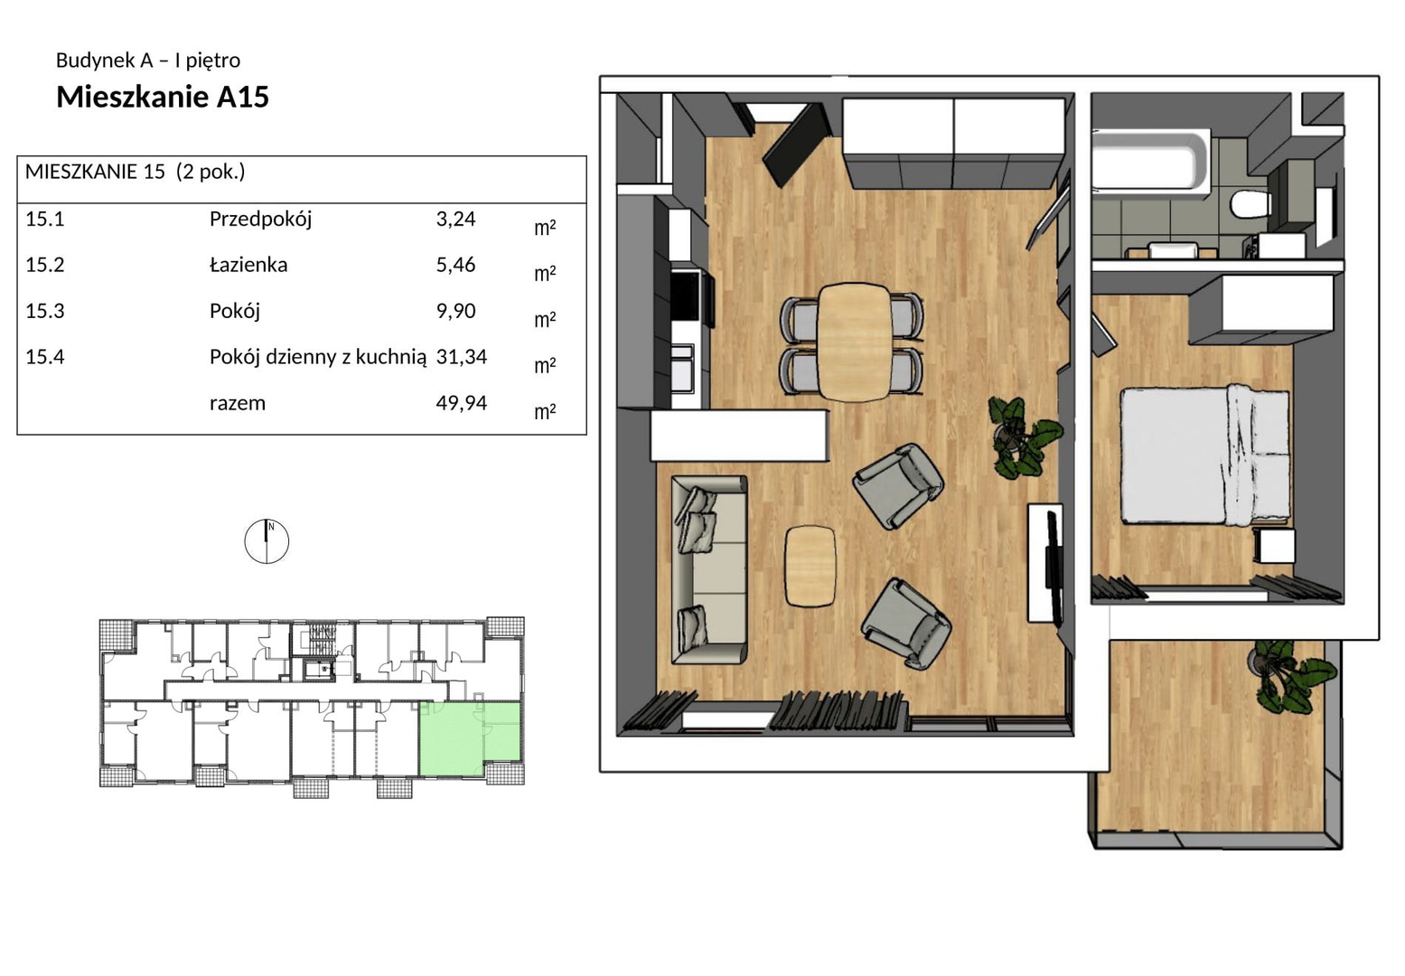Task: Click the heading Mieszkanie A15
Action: click(x=163, y=97)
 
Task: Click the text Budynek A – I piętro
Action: click(x=148, y=61)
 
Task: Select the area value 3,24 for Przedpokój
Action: click(x=456, y=219)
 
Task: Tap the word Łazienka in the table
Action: click(x=248, y=265)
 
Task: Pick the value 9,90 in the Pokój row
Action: click(x=456, y=311)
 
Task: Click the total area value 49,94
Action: click(x=462, y=403)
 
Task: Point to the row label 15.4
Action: click(x=44, y=357)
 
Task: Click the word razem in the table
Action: click(x=238, y=403)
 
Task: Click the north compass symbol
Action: click(x=267, y=541)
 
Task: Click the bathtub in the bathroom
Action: click(x=1150, y=161)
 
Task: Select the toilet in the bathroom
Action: click(x=1250, y=204)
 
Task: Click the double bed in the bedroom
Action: click(x=1204, y=456)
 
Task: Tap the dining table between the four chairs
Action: click(x=854, y=342)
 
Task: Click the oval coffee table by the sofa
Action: click(x=810, y=566)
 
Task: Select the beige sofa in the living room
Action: click(x=709, y=569)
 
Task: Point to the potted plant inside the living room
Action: click(x=1024, y=437)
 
